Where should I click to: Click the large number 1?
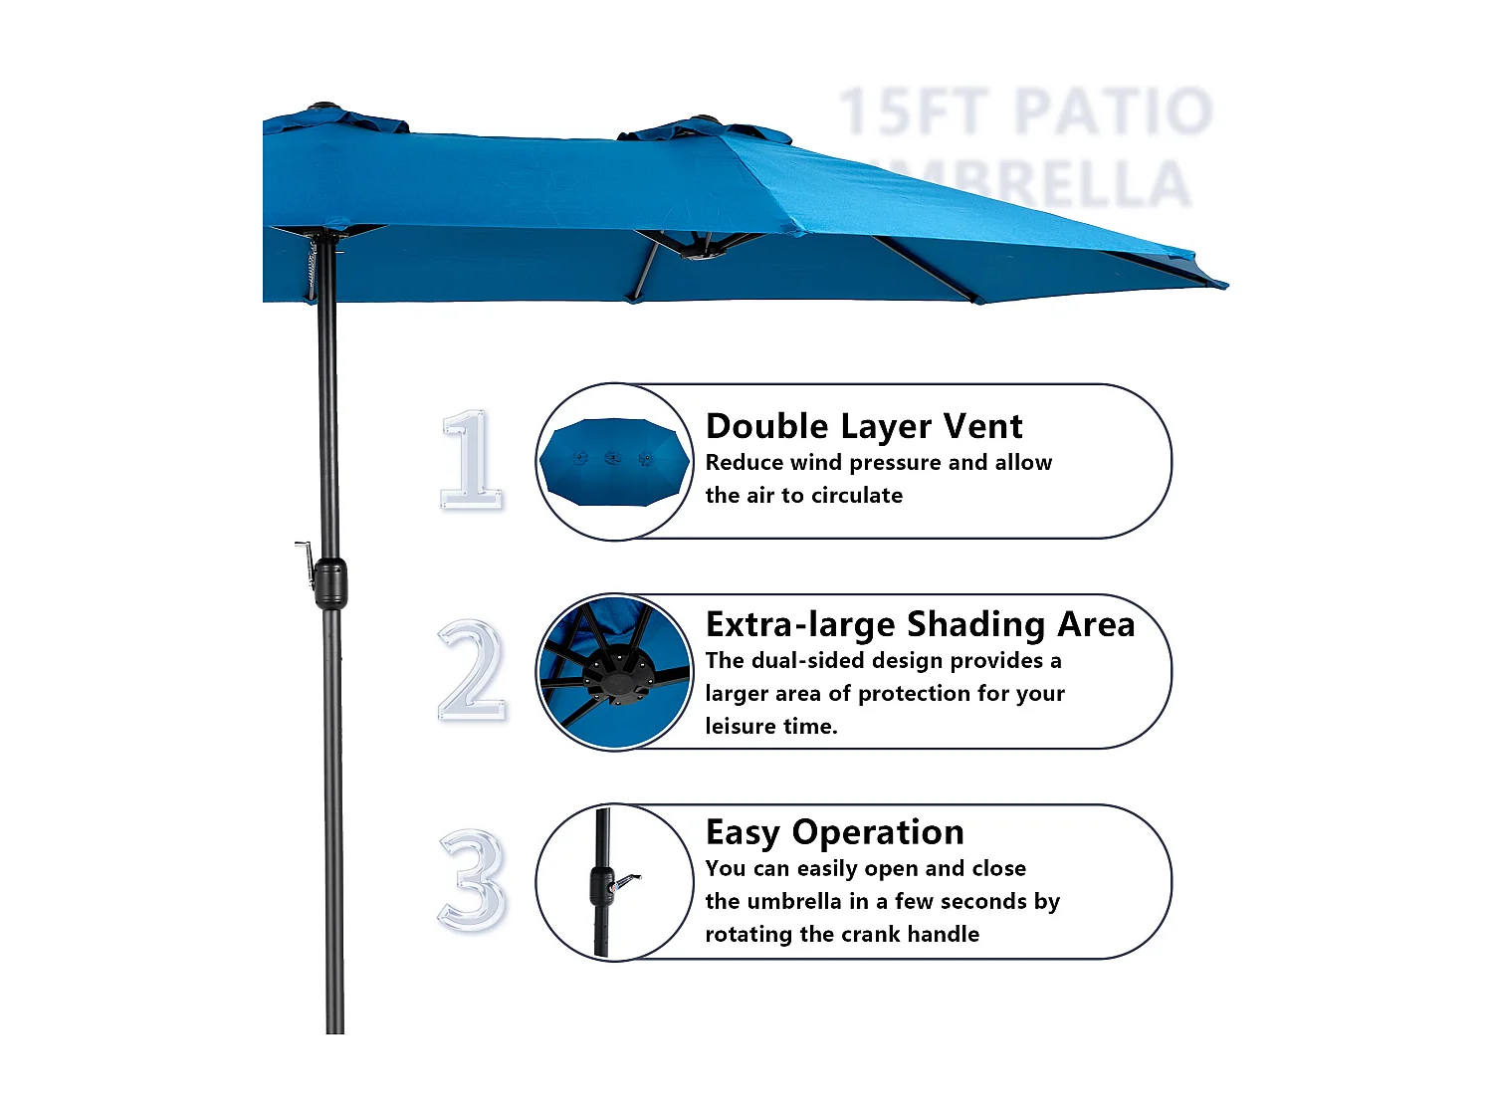[x=471, y=460]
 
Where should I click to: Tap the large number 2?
[x=472, y=670]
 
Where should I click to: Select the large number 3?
[x=472, y=881]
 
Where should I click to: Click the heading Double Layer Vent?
[x=863, y=426]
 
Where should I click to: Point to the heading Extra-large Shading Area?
[x=920, y=624]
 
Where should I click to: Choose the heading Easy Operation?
[x=834, y=832]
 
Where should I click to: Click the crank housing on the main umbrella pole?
[x=330, y=582]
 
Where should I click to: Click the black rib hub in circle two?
[x=619, y=673]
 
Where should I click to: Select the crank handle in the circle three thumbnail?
[x=624, y=881]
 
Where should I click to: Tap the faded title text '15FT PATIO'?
[x=1025, y=112]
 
